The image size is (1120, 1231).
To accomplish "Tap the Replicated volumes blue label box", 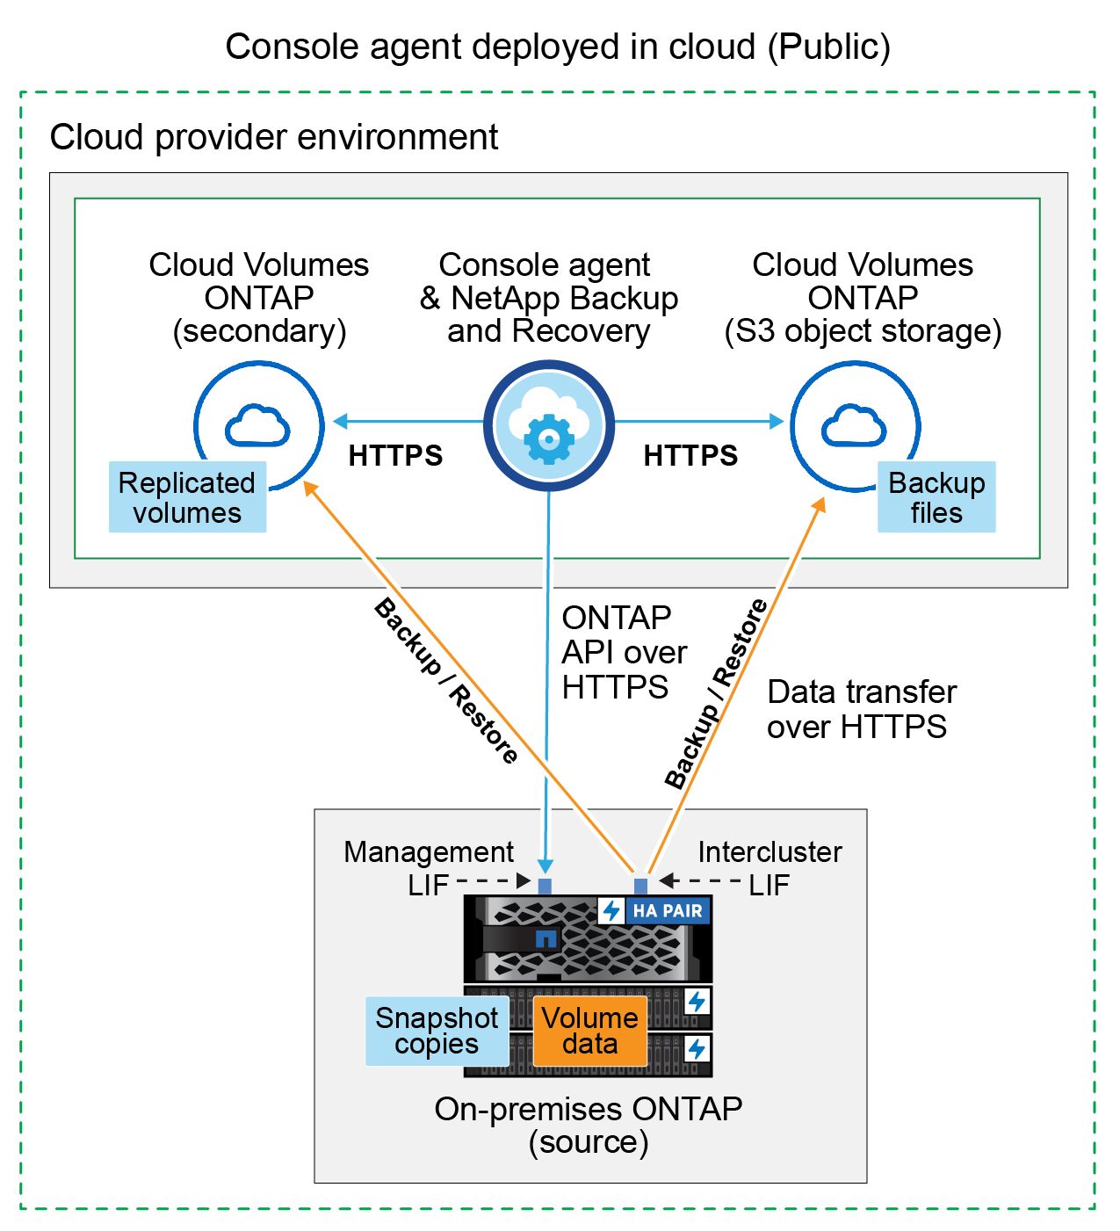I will point(187,497).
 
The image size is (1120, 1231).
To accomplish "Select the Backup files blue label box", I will point(936,497).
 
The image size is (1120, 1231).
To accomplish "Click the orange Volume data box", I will point(590,1031).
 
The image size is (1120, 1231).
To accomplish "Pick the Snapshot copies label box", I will point(437,1031).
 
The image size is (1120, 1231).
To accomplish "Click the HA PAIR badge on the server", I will point(655,910).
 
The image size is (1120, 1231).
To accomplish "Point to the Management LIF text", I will point(429,867).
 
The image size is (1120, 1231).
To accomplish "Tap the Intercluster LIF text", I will point(769,867).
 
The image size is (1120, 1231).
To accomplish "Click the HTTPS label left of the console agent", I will point(395,456).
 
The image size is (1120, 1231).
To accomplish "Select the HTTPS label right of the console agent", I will point(690,456).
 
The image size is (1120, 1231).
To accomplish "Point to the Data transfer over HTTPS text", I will point(861,709).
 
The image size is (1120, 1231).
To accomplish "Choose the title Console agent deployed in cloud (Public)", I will point(558,47).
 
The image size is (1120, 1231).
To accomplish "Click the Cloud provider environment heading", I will point(274,137).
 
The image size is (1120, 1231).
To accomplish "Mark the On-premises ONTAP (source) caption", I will point(589,1125).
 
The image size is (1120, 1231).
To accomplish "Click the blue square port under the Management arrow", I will point(545,886).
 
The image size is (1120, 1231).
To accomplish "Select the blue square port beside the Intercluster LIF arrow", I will point(640,886).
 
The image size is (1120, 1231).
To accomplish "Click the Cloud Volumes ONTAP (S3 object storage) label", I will point(863,298).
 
